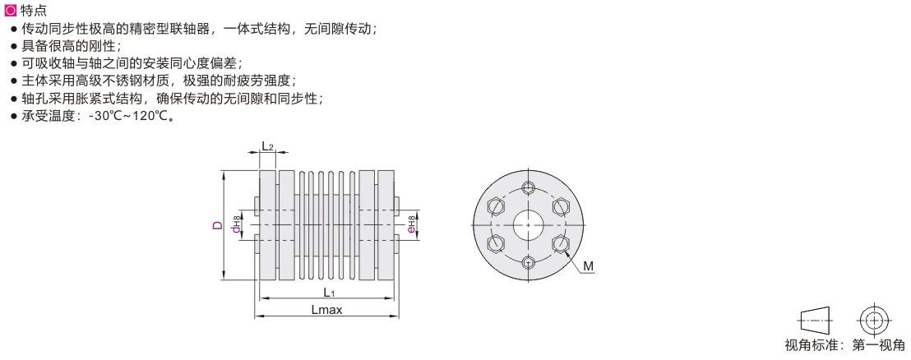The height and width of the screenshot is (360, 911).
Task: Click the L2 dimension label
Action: click(x=267, y=146)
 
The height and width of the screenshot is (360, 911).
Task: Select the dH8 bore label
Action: click(x=236, y=224)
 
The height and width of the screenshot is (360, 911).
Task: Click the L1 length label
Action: click(x=328, y=293)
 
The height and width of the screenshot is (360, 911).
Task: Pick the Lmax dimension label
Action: click(x=327, y=309)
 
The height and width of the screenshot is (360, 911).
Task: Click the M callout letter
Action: click(x=588, y=266)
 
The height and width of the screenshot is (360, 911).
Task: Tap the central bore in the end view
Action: click(x=527, y=224)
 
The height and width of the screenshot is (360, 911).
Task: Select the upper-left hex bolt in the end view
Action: click(x=496, y=205)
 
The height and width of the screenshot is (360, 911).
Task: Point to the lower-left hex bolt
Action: click(x=496, y=242)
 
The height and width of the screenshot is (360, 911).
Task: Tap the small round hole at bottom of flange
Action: click(x=527, y=261)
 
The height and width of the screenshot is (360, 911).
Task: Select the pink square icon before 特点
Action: click(x=11, y=11)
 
